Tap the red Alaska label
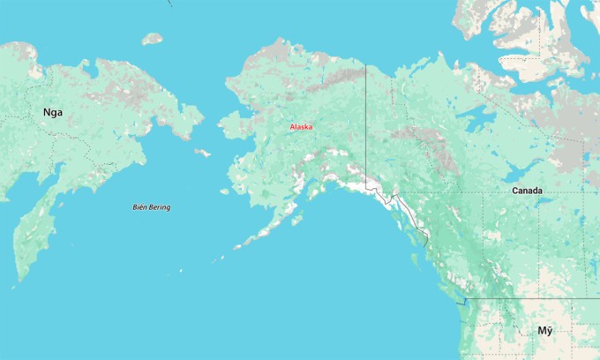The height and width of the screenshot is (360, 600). [x=301, y=127]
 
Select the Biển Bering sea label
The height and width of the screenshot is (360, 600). [x=151, y=207]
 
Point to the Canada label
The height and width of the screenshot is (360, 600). [x=527, y=191]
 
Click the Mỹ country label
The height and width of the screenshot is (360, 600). [x=545, y=331]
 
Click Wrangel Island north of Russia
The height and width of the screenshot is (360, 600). [x=153, y=39]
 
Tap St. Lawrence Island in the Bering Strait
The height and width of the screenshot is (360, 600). [x=203, y=153]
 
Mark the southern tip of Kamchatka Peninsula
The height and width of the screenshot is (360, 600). [x=18, y=281]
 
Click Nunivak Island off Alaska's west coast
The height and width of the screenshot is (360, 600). [x=226, y=191]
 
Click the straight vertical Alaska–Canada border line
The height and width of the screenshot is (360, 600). [x=366, y=124]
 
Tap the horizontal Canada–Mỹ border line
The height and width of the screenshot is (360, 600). [x=529, y=298]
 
